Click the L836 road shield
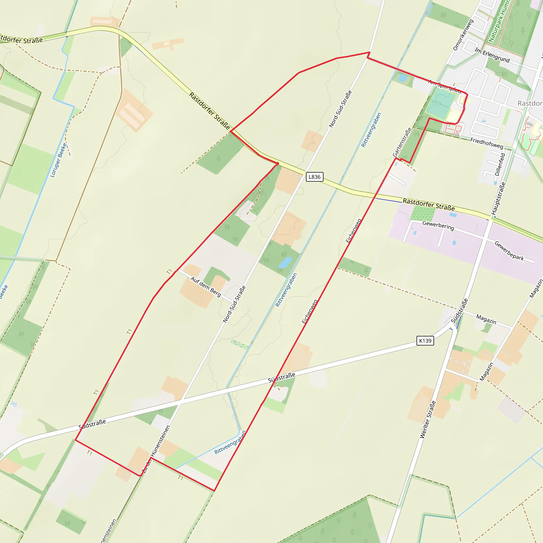pos(314,177)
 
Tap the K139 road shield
pos(425,341)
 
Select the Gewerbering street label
pos(438,225)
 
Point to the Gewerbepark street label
pos(509,251)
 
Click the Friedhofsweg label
pos(487,143)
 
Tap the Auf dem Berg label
pos(206,286)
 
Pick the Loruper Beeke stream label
pos(58,160)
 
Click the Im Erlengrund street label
pos(492,55)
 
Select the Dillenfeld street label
pos(500,164)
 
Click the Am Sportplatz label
pos(444,86)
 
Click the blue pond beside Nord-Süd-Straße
pos(285,263)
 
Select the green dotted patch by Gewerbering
pos(422,213)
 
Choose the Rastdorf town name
pos(530,103)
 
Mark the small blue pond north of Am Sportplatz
pos(402,78)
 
